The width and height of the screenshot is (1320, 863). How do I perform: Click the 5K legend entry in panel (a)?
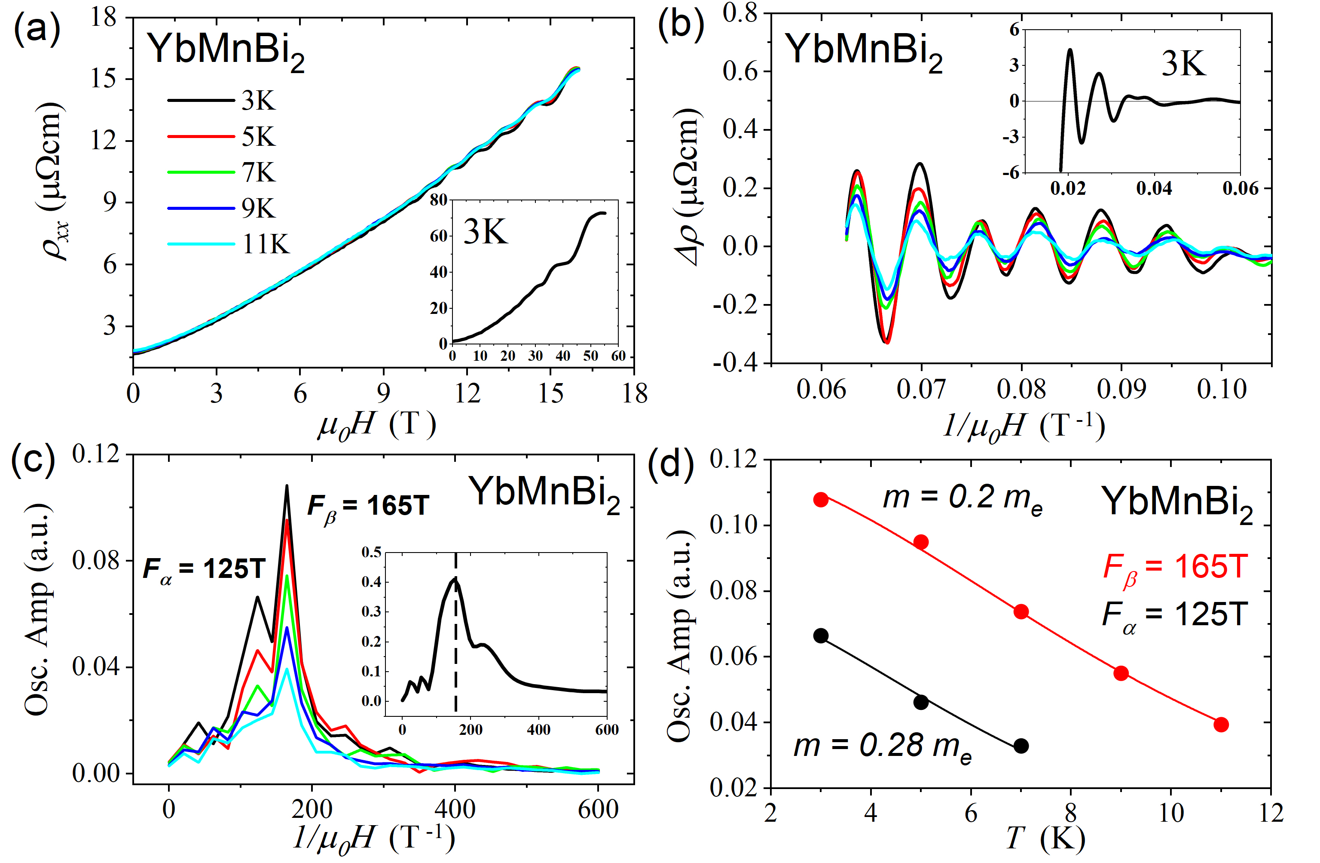click(258, 137)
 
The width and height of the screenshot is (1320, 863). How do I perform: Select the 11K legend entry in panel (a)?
click(266, 244)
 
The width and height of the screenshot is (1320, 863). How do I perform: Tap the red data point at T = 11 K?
click(1221, 724)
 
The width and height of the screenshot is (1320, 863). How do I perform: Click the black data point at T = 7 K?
click(1021, 746)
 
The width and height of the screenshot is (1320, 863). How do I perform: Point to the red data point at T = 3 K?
click(821, 500)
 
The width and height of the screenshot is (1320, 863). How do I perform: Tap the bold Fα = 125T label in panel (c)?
click(204, 569)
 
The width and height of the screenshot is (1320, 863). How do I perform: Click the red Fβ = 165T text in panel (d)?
click(1175, 568)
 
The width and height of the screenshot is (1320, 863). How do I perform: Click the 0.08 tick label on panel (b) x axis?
click(1021, 389)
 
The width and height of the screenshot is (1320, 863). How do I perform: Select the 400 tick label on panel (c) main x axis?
click(455, 810)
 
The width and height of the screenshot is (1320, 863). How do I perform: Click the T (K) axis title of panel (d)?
click(1045, 838)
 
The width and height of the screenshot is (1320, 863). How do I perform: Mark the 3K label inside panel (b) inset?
click(1183, 64)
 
